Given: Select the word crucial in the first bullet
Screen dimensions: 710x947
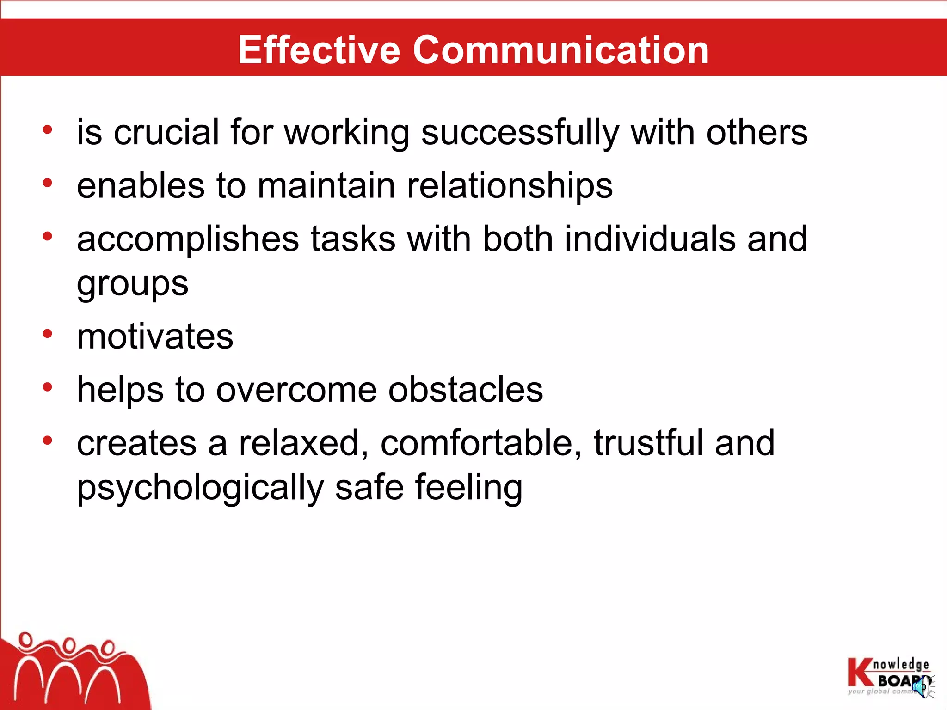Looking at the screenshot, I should (x=166, y=132).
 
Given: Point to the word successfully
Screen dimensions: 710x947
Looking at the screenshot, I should (x=520, y=133).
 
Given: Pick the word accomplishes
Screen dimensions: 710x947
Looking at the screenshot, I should (x=188, y=239).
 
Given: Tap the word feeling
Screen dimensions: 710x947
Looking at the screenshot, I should (x=469, y=488).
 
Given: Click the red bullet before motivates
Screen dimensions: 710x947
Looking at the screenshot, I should (x=47, y=333).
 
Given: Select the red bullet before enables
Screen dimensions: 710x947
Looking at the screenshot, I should (x=47, y=183).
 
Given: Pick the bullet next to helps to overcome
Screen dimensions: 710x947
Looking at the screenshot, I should (x=47, y=387).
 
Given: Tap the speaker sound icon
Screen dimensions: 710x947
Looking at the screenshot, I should (x=923, y=686).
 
